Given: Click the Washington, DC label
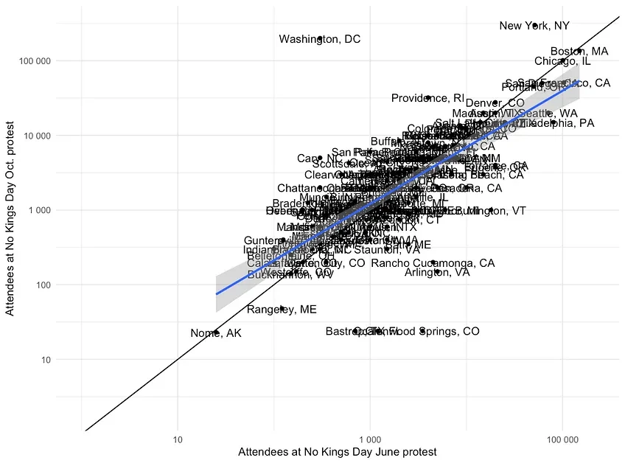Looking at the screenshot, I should tap(319, 39).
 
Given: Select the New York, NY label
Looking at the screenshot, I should tap(534, 26).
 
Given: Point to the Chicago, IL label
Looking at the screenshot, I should tap(562, 61).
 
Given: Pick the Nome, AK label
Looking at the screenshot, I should tap(215, 333).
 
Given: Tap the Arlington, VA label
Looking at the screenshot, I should tap(437, 272).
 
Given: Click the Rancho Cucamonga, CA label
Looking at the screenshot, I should tap(433, 263).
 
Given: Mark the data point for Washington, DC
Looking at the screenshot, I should tap(320, 35).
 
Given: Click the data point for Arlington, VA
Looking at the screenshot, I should tap(437, 271).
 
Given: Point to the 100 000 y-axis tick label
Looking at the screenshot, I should tap(34, 60).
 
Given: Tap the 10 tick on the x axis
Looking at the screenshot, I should tap(178, 441).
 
